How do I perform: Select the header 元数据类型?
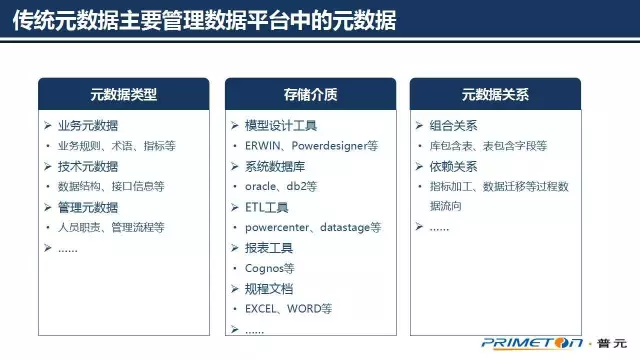124,96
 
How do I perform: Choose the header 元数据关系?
495,96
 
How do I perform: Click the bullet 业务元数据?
87,125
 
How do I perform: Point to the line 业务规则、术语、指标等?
116,146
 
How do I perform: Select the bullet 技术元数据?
87,166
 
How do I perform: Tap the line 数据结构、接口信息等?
111,186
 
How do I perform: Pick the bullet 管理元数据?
87,207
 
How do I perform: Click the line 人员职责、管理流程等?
111,228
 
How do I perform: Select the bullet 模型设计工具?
280,125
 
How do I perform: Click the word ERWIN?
264,146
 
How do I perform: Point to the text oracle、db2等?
281,186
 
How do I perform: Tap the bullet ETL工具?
266,207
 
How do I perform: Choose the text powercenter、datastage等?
313,228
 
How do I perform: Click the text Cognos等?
270,268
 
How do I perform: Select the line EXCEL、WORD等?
288,309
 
